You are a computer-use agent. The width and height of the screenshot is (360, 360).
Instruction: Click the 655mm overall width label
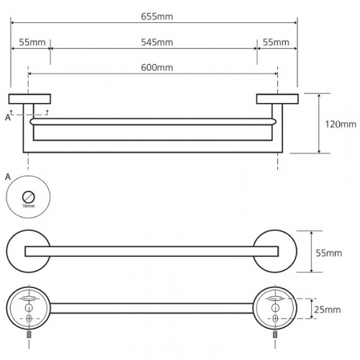coord(157,17)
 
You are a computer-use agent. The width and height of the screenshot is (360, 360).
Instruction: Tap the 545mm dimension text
coord(157,42)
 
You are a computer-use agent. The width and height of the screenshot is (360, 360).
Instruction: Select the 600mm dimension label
coord(157,68)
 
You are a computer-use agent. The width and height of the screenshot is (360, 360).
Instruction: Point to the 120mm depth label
coord(341,125)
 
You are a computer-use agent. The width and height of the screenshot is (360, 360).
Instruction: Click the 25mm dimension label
coord(328,310)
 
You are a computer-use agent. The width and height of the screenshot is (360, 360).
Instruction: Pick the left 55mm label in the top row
coord(32,42)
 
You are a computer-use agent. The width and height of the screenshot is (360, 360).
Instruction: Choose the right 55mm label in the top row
coord(276,42)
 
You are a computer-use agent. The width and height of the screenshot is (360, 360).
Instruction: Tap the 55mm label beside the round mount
coord(329,253)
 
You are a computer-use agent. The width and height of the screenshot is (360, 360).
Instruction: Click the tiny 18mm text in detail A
coord(28,206)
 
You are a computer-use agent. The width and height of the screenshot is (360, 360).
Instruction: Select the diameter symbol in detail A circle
coord(29,197)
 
